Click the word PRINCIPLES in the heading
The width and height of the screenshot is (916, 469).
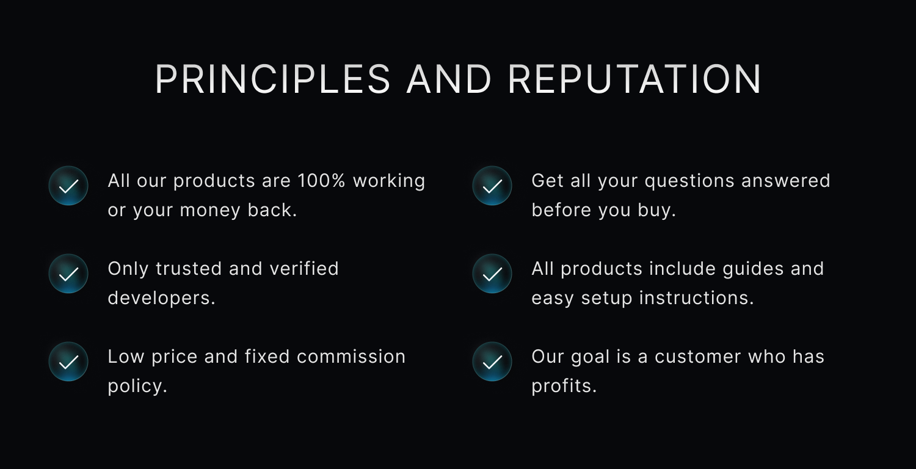[273, 79]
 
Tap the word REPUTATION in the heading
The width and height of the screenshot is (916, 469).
[634, 79]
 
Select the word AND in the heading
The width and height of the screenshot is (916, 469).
[449, 79]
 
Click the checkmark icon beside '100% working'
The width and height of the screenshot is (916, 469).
[68, 186]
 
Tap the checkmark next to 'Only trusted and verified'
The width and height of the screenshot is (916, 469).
[68, 274]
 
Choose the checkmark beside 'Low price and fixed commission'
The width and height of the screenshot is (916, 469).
[68, 362]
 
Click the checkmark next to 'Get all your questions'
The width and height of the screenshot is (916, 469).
[492, 186]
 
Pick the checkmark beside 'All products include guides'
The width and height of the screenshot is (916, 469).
[492, 274]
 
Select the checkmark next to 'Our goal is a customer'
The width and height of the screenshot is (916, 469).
[492, 362]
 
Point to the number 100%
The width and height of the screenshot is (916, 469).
[321, 181]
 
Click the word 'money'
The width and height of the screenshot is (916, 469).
[210, 211]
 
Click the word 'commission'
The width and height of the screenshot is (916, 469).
[351, 357]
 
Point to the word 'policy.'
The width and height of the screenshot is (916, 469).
[137, 387]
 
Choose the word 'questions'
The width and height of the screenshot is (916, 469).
[689, 181]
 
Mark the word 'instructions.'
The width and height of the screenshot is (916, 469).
[696, 298]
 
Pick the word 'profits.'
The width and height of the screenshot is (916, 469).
[564, 387]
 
